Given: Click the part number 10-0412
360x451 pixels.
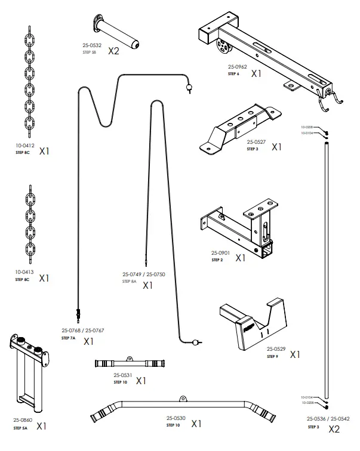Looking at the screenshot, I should [x=24, y=145].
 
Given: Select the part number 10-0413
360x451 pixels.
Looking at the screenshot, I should [x=24, y=272].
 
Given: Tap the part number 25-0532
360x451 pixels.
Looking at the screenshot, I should [x=91, y=45].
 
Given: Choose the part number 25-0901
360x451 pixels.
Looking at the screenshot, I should [x=221, y=253].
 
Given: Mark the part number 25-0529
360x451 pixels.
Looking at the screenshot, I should [x=276, y=349].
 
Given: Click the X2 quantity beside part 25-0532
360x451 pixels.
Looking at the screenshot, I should [x=113, y=51].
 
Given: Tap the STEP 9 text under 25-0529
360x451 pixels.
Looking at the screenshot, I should [x=272, y=356].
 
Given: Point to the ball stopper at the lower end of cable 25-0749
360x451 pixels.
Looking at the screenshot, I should [x=195, y=342].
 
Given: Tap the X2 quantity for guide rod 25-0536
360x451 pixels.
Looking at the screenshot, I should [x=334, y=429].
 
